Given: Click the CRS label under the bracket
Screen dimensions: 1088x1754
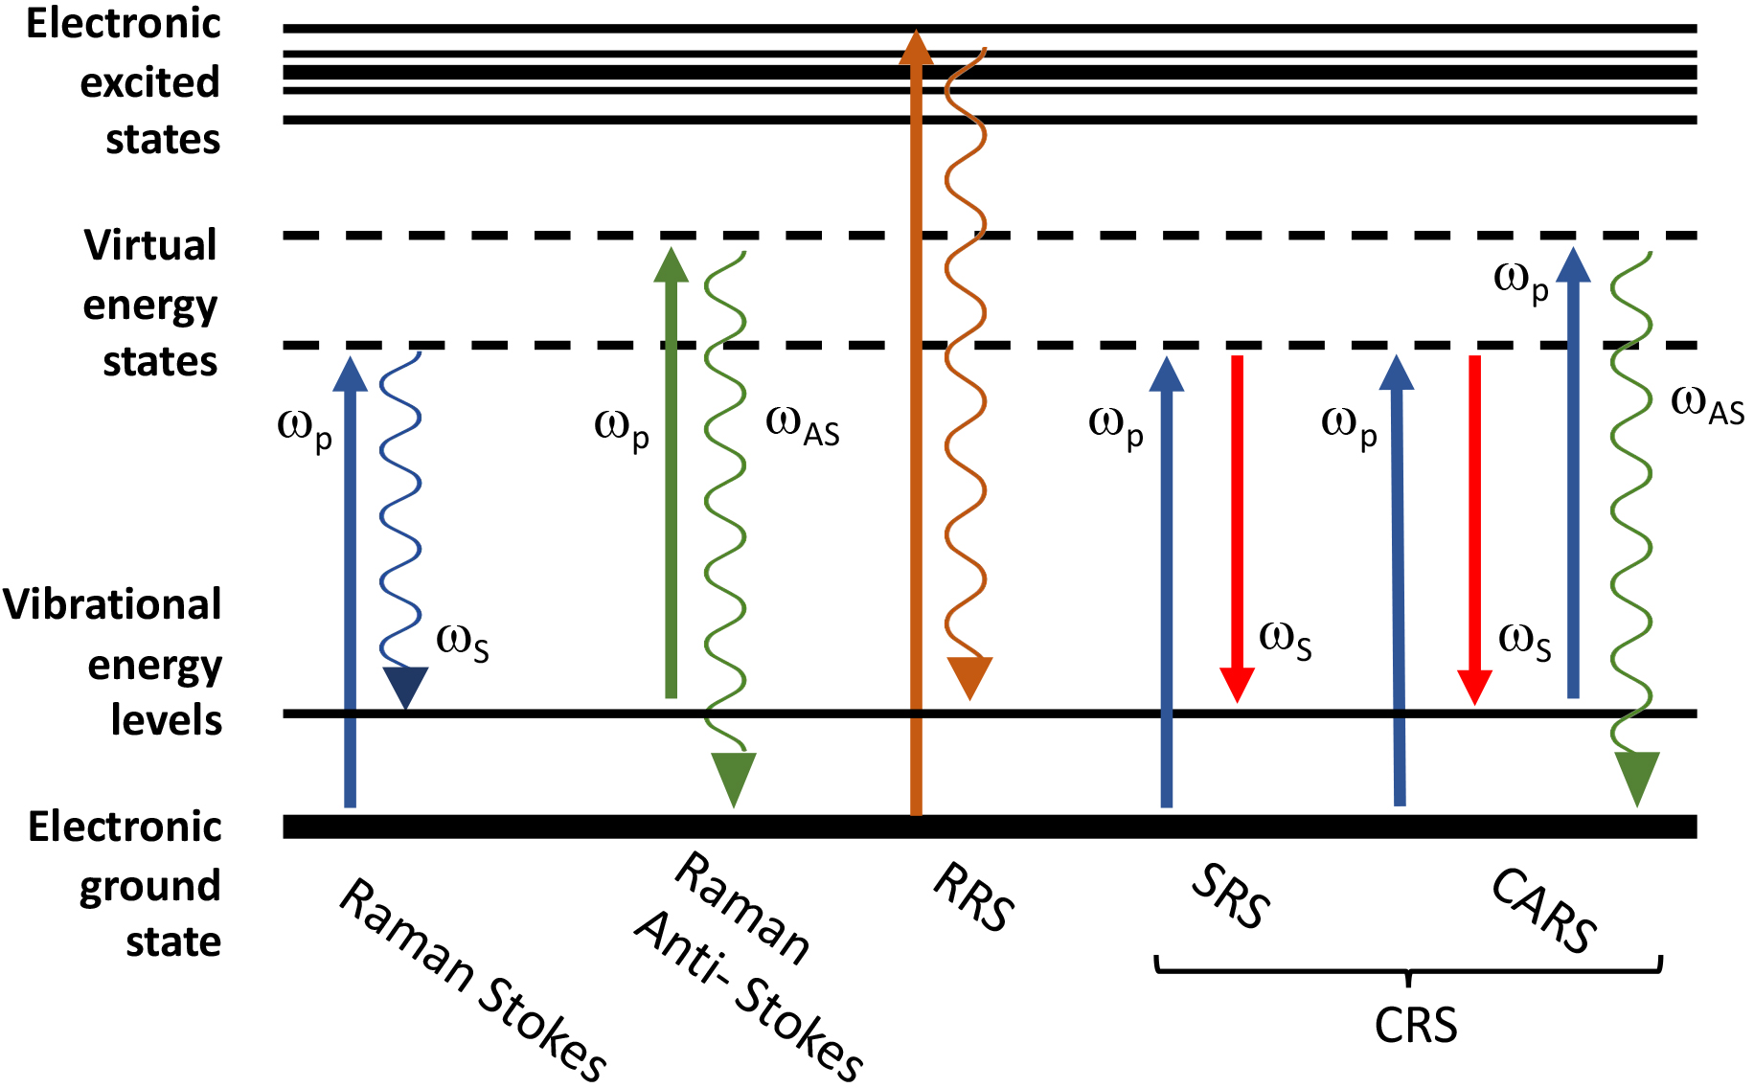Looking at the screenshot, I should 1415,1026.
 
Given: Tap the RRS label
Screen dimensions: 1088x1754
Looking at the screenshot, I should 973,896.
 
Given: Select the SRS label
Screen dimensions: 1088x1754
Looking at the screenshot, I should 1231,896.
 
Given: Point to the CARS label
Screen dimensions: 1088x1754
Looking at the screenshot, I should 1544,910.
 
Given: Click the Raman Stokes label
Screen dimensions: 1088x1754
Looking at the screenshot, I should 472,980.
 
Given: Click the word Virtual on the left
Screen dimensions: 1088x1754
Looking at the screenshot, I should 150,245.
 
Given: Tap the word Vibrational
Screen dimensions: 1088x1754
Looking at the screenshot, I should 112,605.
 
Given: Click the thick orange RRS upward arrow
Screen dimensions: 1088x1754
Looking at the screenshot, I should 916,431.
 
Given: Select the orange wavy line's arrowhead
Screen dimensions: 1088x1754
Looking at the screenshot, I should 969,676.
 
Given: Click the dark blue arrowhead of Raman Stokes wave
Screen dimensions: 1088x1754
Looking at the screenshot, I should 405,686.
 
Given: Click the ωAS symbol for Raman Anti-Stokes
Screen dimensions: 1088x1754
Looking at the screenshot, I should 802,426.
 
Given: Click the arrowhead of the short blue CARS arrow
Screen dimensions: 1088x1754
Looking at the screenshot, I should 1573,264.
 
